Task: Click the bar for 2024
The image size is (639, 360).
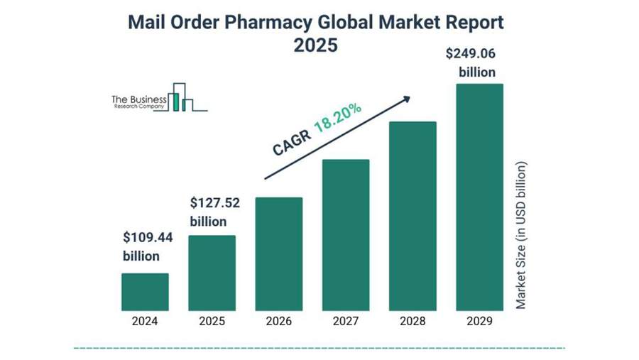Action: [x=145, y=292]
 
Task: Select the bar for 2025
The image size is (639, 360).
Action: [x=212, y=273]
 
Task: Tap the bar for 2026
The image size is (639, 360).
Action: [x=278, y=253]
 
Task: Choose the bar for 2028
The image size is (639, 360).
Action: [x=413, y=216]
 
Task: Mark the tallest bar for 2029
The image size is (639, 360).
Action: [x=479, y=197]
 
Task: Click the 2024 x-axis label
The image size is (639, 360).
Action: [x=145, y=321]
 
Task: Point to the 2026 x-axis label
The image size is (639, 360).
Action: [x=278, y=321]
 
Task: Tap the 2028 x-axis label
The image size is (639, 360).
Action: [x=413, y=321]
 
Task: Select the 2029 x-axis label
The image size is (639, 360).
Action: [x=479, y=321]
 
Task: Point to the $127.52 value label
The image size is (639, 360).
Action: [x=214, y=203]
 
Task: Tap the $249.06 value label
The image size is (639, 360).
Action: [x=470, y=53]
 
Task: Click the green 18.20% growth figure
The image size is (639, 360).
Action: [x=338, y=118]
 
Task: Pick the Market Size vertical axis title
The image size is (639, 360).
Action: [x=521, y=235]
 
